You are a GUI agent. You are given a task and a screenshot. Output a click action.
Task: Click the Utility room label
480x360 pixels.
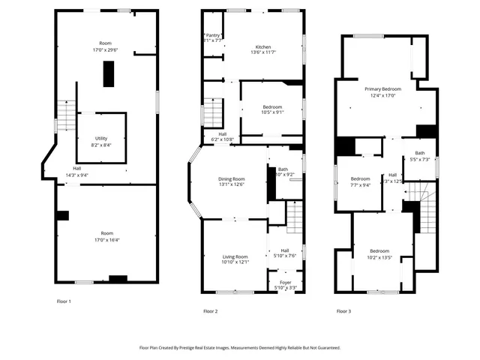click(101, 139)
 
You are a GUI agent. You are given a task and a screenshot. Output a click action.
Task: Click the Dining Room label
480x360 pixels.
click(232, 178)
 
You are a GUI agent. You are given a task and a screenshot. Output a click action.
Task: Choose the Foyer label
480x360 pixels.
click(280, 283)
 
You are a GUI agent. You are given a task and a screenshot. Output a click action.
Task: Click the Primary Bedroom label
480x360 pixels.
click(382, 89)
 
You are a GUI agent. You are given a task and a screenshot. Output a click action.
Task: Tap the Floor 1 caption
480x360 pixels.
click(64, 301)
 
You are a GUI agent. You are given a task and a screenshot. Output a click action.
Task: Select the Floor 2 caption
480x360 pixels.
click(211, 310)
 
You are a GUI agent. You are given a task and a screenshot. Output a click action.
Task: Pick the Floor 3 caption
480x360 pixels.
click(343, 310)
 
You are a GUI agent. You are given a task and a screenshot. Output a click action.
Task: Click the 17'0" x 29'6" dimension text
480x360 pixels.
click(106, 50)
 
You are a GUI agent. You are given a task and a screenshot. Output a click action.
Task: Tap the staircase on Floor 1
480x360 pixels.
click(66, 116)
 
